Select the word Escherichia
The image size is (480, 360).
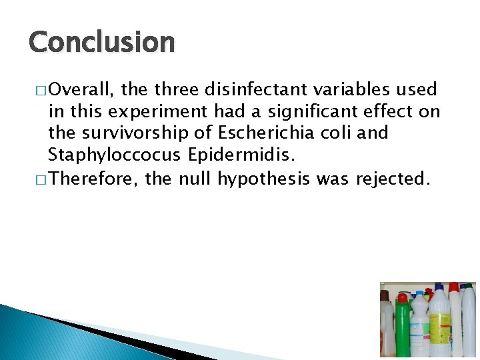(x=259, y=133)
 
